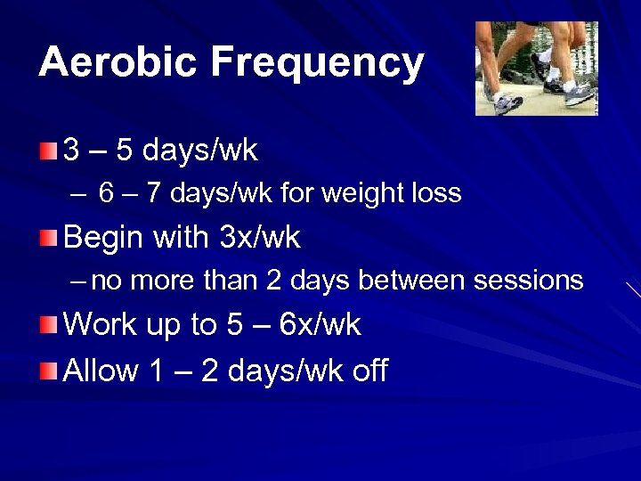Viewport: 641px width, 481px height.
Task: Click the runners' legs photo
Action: point(536,69)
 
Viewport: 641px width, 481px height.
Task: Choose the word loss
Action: point(438,192)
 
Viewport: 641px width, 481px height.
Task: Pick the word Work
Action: point(99,325)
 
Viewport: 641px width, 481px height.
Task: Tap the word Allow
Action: point(101,371)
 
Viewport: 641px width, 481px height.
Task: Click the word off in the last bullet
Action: point(369,371)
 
